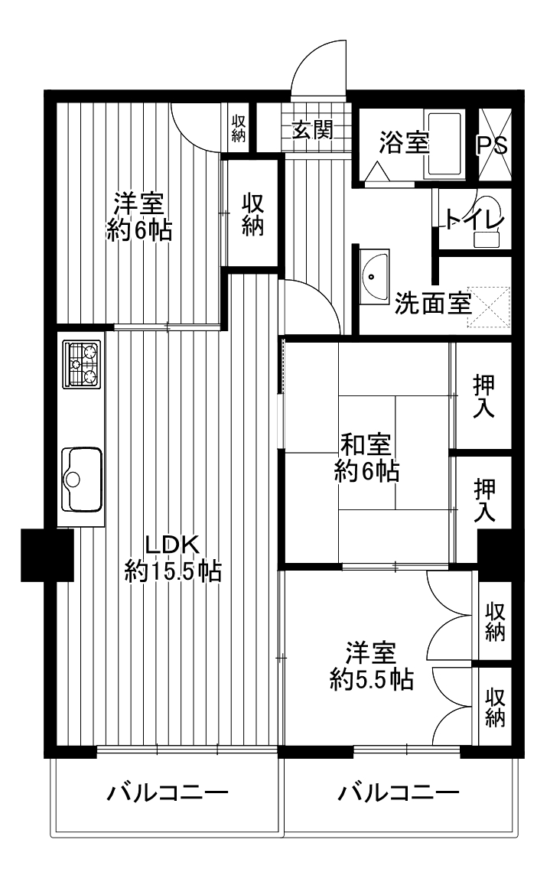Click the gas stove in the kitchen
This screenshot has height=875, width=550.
[x=82, y=364]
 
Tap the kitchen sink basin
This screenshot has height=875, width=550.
[x=82, y=478]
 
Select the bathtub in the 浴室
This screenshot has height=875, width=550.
[x=444, y=144]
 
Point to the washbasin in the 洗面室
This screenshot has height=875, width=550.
[x=373, y=278]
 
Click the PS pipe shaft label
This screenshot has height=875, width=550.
[x=493, y=145]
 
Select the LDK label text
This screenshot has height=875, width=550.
[x=172, y=545]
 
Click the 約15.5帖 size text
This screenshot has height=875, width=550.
[x=173, y=571]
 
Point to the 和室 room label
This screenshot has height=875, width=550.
[x=366, y=444]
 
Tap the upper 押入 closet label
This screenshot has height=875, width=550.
[x=483, y=397]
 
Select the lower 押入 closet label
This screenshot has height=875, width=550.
[x=485, y=500]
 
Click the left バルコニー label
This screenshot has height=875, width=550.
[x=168, y=792]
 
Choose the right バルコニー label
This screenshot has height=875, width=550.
[x=399, y=792]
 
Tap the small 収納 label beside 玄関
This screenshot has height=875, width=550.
[x=239, y=128]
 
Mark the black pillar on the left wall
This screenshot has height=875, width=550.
[x=47, y=555]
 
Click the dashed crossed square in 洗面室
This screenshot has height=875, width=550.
[x=489, y=307]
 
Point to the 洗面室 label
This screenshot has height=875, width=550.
[x=433, y=304]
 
